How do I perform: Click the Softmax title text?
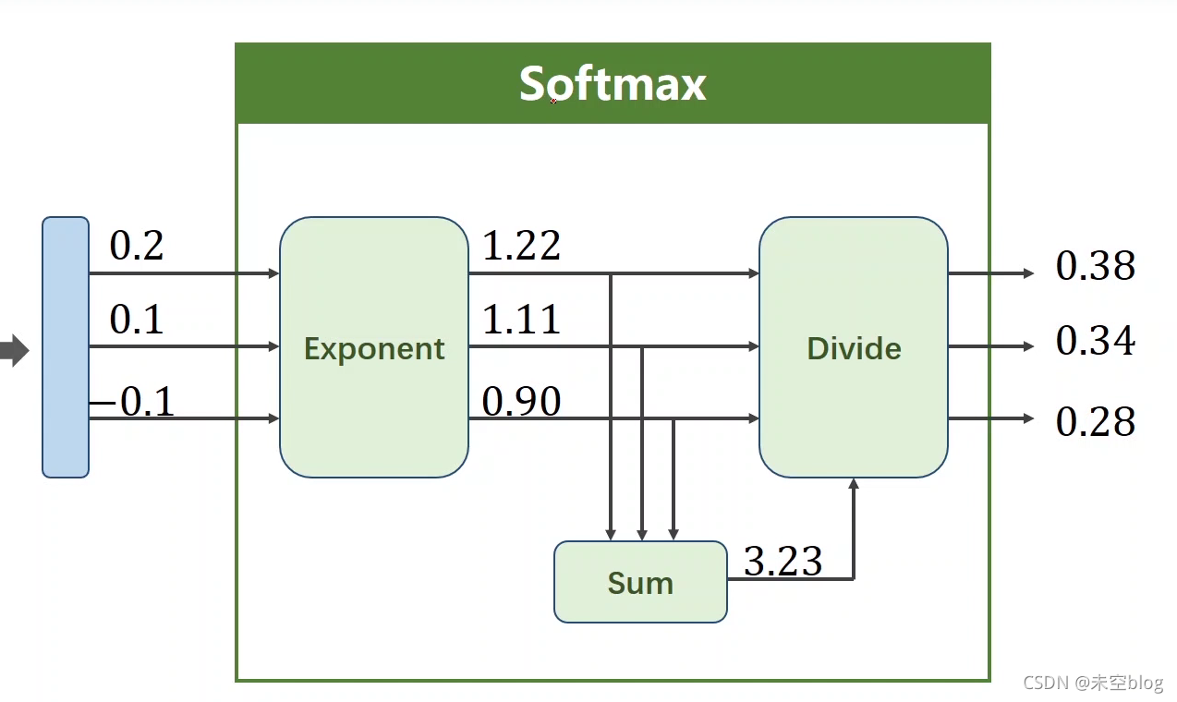[x=613, y=84]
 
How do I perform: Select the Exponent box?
[x=374, y=348]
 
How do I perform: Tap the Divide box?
[x=854, y=348]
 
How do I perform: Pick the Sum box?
[x=640, y=583]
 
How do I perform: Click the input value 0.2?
[x=137, y=246]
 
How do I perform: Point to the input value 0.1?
[x=137, y=320]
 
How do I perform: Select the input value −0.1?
[x=132, y=403]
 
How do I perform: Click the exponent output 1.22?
[x=522, y=246]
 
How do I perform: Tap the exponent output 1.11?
[x=522, y=320]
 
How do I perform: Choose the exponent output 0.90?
[x=522, y=402]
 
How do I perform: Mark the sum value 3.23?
[x=783, y=561]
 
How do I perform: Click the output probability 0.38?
[x=1096, y=266]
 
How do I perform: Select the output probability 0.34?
[x=1096, y=341]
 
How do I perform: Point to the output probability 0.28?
[x=1096, y=421]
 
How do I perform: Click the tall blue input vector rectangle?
[x=66, y=347]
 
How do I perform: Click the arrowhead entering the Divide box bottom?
[x=854, y=483]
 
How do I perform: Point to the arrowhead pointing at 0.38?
[x=1028, y=273]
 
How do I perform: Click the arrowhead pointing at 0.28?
[x=1028, y=418]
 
